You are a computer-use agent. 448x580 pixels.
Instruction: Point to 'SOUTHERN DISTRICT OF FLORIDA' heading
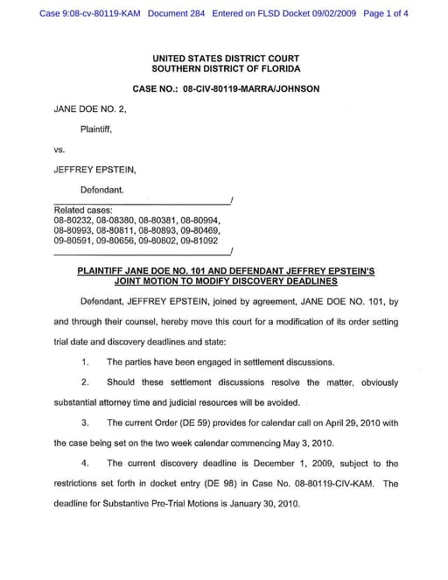pyautogui.click(x=226, y=68)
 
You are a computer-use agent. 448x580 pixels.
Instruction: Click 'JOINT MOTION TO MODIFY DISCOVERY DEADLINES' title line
pyautogui.click(x=226, y=282)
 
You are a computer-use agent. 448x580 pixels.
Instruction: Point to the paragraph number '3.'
pyautogui.click(x=85, y=423)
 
